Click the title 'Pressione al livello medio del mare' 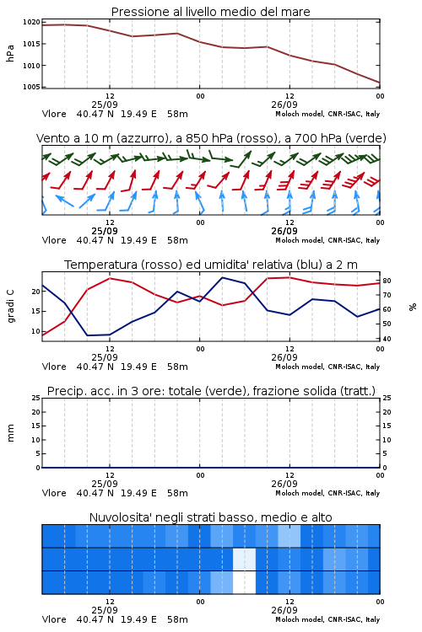(210, 12)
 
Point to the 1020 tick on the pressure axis (31, 22)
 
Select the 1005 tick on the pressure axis (31, 87)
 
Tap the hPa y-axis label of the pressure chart (10, 53)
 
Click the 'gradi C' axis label (10, 307)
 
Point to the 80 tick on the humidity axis (387, 281)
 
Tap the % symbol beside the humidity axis (413, 307)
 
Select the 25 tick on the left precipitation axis (36, 398)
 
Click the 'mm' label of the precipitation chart (10, 433)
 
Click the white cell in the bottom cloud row (244, 582)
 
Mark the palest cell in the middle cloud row (244, 560)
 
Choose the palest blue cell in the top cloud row (289, 536)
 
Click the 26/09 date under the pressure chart (284, 104)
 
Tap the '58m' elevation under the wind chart (177, 240)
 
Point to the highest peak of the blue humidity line (223, 278)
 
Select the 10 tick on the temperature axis (36, 331)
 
